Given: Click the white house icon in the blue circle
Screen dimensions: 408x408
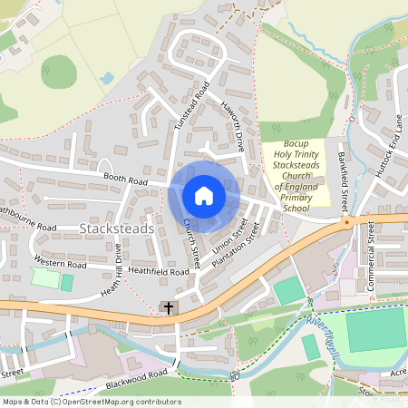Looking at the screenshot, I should pyautogui.click(x=204, y=196).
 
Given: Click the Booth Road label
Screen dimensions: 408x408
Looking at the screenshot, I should pyautogui.click(x=124, y=180).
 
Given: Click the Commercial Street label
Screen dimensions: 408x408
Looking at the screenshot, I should pyautogui.click(x=372, y=264).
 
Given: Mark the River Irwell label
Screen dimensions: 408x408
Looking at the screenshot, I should pyautogui.click(x=324, y=324).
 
